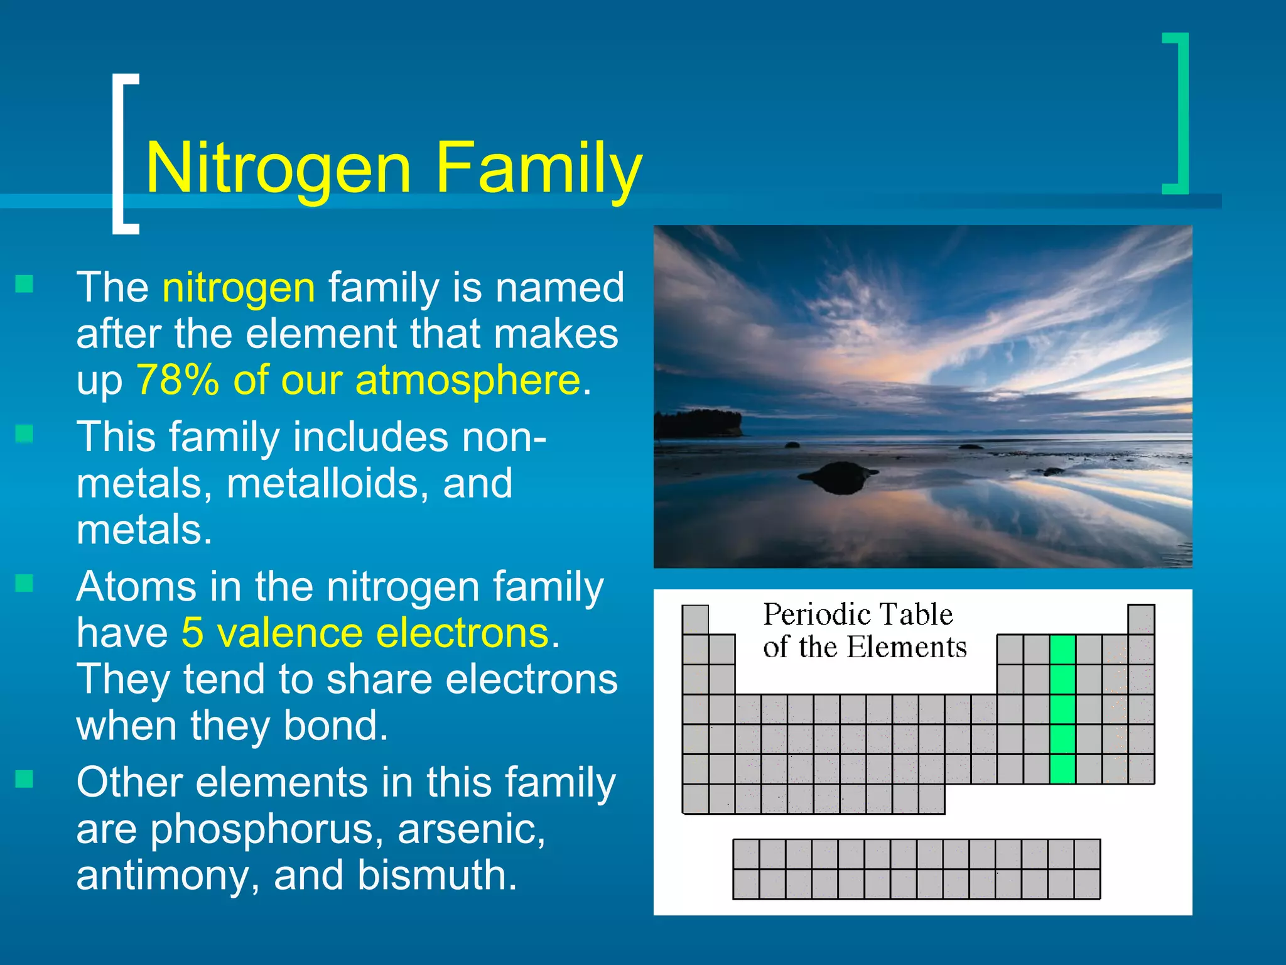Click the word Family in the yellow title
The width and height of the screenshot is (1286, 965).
[539, 168]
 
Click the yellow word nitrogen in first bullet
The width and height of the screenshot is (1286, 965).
[239, 288]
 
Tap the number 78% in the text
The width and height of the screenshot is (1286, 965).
[178, 380]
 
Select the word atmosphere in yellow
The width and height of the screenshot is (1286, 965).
[468, 380]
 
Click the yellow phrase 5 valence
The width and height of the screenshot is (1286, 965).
[271, 633]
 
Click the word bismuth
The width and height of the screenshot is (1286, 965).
[437, 876]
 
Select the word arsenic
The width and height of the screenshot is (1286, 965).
[471, 829]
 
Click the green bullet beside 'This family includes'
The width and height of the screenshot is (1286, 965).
[24, 433]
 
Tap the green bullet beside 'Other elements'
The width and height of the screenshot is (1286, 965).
[24, 780]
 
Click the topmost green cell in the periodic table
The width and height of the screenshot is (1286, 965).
[1062, 650]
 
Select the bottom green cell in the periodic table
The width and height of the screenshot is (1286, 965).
[1062, 769]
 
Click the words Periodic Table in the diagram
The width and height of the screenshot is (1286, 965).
[858, 614]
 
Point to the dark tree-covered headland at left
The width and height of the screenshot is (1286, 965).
[697, 423]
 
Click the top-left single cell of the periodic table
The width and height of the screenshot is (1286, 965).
[695, 619]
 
